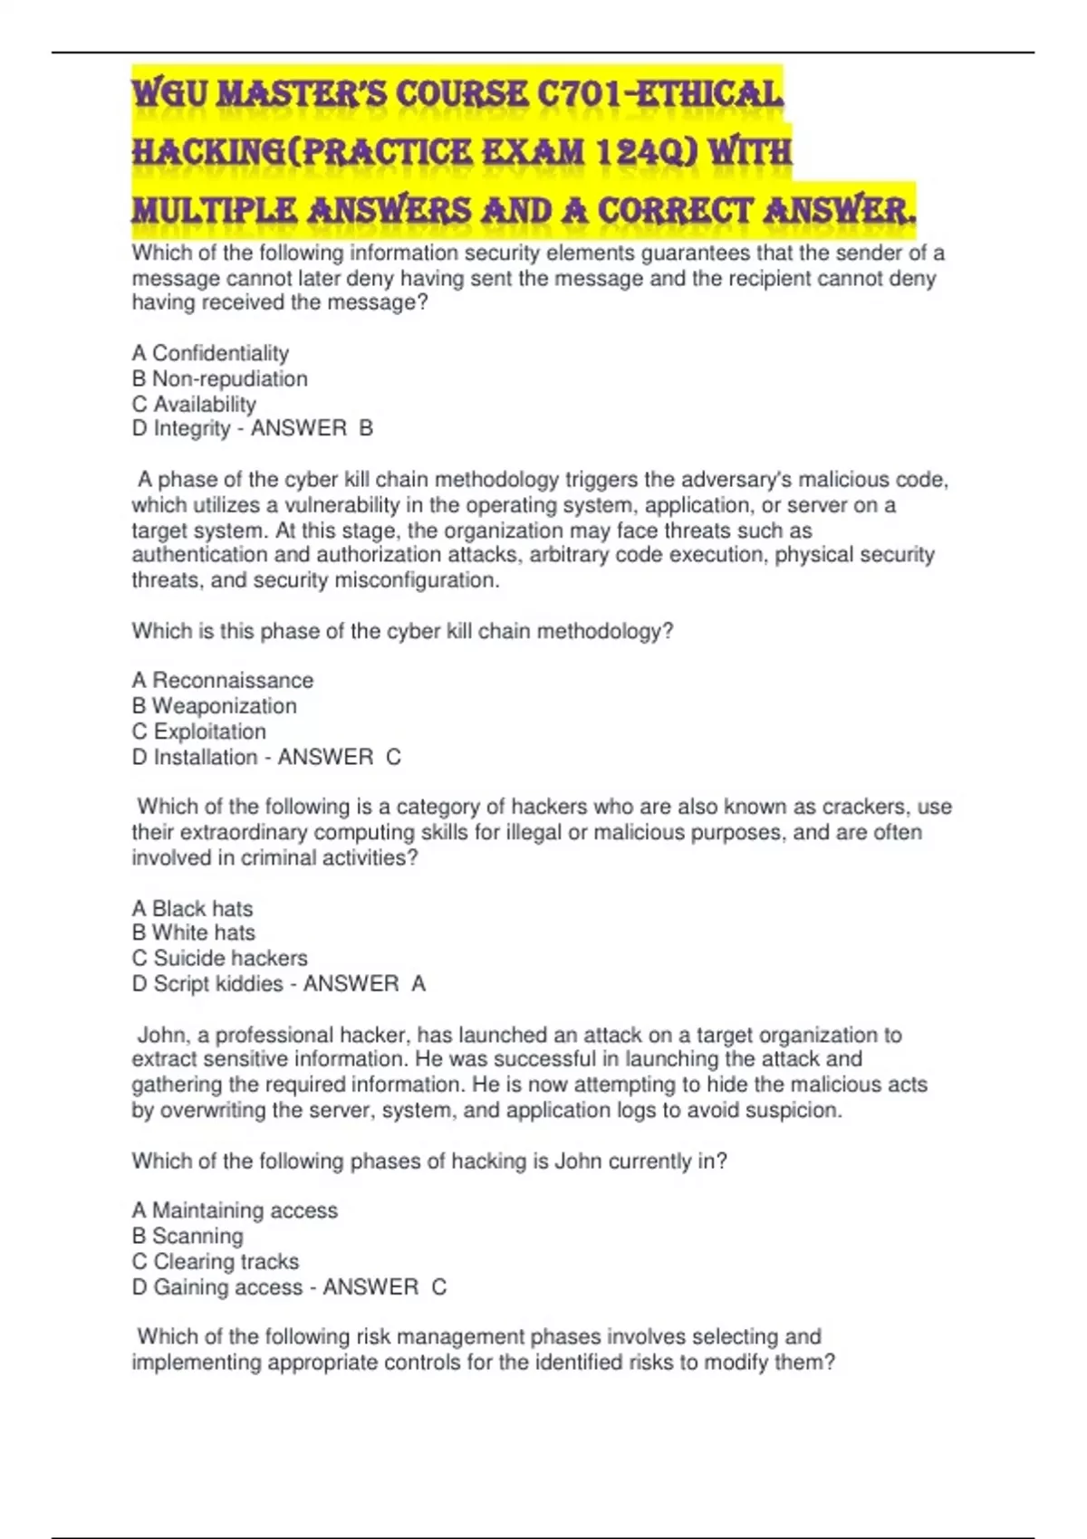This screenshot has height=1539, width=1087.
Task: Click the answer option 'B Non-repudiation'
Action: click(x=220, y=378)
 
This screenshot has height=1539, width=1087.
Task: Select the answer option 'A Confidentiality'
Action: click(x=210, y=353)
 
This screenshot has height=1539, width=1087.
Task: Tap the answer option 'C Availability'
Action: click(x=194, y=404)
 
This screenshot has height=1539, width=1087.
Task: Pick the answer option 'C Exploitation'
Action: click(x=199, y=731)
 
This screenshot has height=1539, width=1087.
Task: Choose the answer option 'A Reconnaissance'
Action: click(x=223, y=681)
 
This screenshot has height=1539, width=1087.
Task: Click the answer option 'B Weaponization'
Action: click(x=215, y=706)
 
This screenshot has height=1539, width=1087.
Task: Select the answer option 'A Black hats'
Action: click(x=192, y=908)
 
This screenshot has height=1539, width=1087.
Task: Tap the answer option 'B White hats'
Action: click(x=194, y=932)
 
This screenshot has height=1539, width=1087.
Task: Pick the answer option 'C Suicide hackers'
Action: click(x=219, y=958)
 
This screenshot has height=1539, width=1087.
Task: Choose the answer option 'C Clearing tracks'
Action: click(x=216, y=1261)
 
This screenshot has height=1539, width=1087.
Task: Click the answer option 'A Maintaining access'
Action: click(x=235, y=1210)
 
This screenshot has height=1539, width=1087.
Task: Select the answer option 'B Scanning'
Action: click(x=188, y=1236)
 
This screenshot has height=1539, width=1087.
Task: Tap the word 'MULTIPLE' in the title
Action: click(x=214, y=210)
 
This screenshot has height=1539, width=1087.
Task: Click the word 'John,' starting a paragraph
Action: click(x=163, y=1035)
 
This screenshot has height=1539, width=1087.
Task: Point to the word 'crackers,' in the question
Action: click(x=868, y=807)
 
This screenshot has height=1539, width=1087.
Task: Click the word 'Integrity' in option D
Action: click(x=192, y=428)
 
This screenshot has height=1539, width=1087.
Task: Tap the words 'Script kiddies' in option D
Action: click(x=218, y=983)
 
